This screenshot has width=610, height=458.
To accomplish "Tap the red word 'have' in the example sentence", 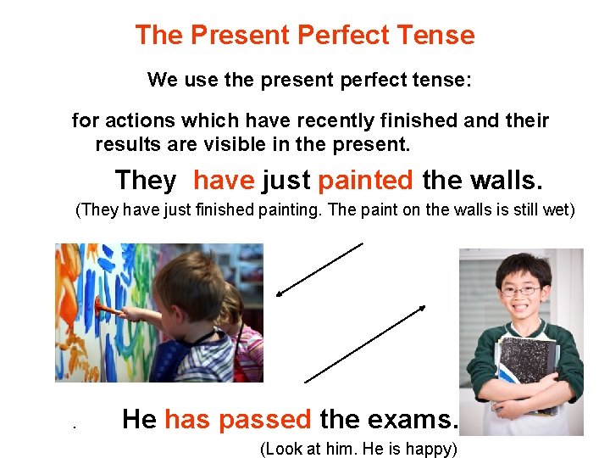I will (x=224, y=181).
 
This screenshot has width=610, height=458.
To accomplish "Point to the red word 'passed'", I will (x=264, y=419).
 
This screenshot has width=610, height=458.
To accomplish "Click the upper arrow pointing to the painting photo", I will (x=319, y=270).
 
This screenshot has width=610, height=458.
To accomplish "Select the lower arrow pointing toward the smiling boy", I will (x=363, y=344).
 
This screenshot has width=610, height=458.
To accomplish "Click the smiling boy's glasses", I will (x=519, y=290).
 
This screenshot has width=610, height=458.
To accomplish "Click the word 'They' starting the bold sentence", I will (x=146, y=181).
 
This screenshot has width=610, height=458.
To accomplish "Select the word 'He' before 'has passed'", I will (x=140, y=419).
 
